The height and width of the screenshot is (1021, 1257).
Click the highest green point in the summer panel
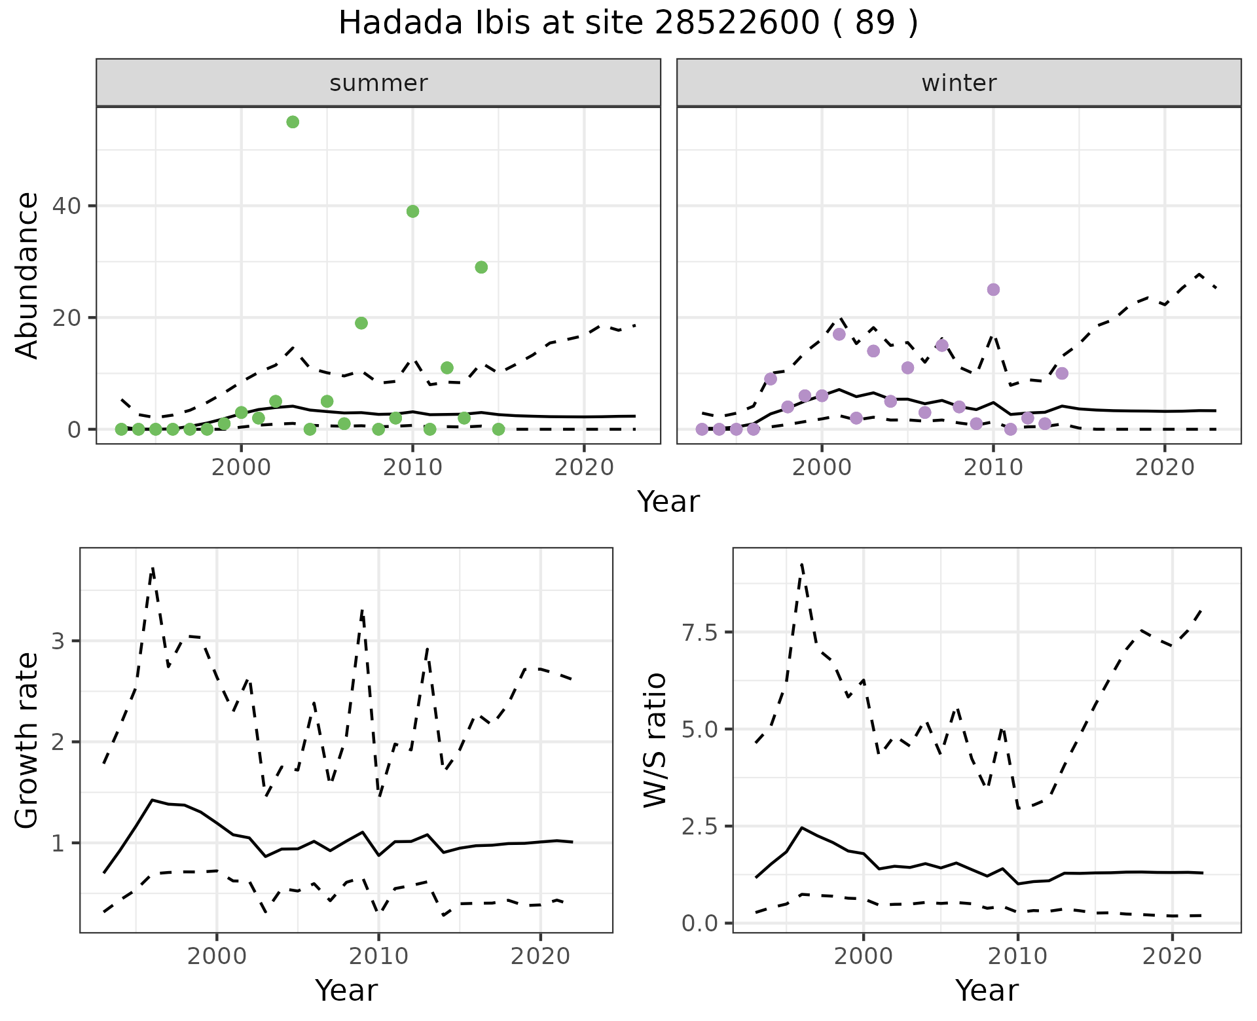click(x=293, y=122)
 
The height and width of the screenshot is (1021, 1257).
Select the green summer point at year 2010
click(x=412, y=211)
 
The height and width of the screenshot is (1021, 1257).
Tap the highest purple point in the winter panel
click(x=993, y=290)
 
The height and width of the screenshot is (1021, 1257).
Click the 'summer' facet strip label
click(x=378, y=83)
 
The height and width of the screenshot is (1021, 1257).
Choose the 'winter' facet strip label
click(x=958, y=83)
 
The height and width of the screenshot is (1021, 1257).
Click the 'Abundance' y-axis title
click(x=27, y=275)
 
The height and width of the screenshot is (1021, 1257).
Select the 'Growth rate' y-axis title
click(x=27, y=740)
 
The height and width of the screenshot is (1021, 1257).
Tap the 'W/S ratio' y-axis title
click(x=655, y=740)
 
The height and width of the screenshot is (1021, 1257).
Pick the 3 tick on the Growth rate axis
click(x=58, y=641)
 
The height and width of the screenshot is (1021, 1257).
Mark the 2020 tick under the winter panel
click(x=1165, y=467)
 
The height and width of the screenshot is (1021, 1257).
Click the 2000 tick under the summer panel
click(x=241, y=467)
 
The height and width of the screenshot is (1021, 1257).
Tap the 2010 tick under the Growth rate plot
click(x=378, y=956)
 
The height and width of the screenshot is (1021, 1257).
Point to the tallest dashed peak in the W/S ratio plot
click(x=802, y=564)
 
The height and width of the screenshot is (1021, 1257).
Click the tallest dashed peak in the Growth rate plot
click(x=153, y=569)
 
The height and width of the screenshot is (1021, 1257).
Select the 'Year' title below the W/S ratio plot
click(x=987, y=990)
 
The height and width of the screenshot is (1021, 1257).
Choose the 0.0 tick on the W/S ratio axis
click(x=699, y=923)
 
